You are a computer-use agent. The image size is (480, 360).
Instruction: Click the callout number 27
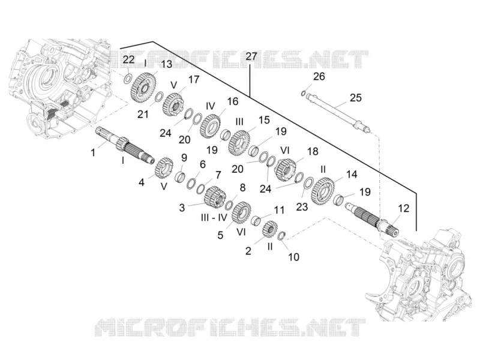(251, 56)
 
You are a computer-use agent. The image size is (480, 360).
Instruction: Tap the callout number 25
(355, 98)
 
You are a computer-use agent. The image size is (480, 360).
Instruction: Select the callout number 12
(403, 208)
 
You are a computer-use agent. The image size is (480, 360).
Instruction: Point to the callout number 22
(128, 59)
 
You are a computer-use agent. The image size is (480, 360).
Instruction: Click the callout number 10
(293, 257)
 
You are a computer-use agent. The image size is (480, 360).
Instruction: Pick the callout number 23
(302, 207)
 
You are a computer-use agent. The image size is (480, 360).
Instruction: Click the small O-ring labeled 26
(304, 93)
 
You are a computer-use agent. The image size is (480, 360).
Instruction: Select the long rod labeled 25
(338, 112)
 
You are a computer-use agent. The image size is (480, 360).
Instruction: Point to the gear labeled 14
(323, 191)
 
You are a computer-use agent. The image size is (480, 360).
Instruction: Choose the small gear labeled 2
(270, 229)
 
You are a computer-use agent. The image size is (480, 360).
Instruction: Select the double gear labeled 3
(215, 196)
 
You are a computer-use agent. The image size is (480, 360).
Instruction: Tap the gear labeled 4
(164, 168)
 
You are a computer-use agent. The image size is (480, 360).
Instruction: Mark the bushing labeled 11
(256, 220)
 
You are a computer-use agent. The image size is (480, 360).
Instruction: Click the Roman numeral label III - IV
(214, 217)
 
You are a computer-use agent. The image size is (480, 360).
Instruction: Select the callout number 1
(93, 152)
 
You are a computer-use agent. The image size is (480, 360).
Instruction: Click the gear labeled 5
(242, 212)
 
